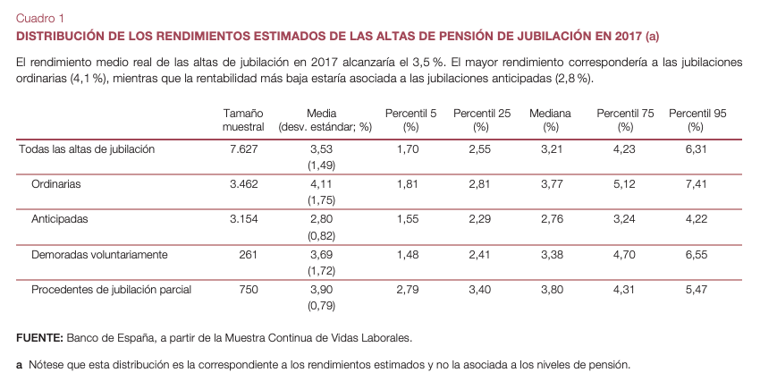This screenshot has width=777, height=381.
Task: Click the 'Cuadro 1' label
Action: [x=39, y=17]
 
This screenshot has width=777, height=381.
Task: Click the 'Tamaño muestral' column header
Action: [x=242, y=120]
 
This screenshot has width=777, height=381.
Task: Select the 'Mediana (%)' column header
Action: [x=550, y=120]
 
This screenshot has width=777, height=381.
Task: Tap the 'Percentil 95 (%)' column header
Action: [x=697, y=120]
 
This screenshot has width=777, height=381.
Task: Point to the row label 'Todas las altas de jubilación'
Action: [x=87, y=149]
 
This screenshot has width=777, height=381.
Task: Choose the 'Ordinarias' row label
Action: [x=56, y=184]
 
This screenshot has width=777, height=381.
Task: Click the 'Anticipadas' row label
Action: [x=61, y=219]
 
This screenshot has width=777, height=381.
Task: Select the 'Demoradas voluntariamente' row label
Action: [x=99, y=255]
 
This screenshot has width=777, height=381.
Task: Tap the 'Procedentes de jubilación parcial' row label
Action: [x=112, y=290]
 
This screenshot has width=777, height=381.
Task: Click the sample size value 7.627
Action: [x=243, y=149]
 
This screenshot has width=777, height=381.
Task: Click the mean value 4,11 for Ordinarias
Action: [x=320, y=184]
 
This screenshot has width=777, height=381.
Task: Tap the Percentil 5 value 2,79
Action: [x=408, y=290]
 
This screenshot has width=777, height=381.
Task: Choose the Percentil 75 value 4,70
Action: [x=623, y=255]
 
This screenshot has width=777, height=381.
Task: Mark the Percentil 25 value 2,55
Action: [x=481, y=149]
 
